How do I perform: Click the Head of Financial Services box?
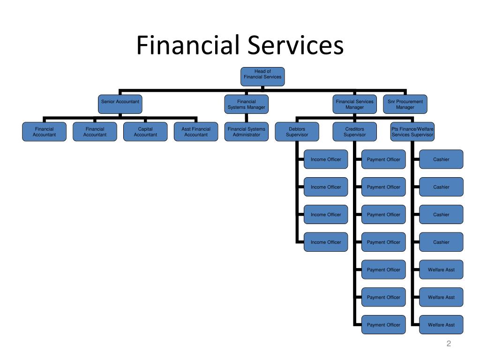click(x=262, y=76)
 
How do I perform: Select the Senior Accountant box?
click(x=120, y=104)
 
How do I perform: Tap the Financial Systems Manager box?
click(x=246, y=104)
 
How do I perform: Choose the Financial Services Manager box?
click(x=354, y=104)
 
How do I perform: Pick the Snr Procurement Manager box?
click(x=405, y=104)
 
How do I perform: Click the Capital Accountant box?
click(x=145, y=132)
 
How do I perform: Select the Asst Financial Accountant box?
click(x=196, y=132)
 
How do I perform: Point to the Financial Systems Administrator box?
click(x=246, y=132)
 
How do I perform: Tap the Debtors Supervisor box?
click(x=297, y=132)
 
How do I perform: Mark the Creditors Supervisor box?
click(x=354, y=132)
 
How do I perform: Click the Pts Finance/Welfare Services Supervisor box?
click(x=412, y=132)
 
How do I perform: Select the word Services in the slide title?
click(x=294, y=45)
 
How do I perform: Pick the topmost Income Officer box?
click(x=326, y=159)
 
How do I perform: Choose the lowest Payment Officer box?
click(x=383, y=325)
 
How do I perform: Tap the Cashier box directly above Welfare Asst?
click(x=441, y=242)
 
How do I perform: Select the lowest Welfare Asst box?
click(x=441, y=325)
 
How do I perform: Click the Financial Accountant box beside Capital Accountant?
click(x=95, y=132)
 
